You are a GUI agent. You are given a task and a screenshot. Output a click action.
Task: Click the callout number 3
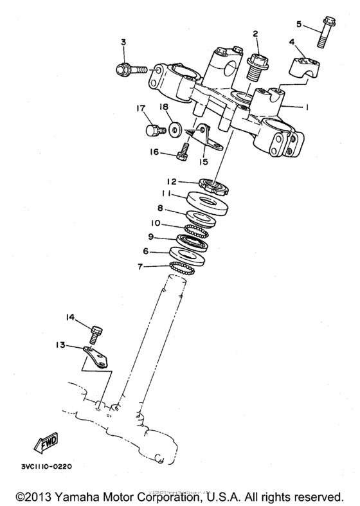[x=123, y=42]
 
